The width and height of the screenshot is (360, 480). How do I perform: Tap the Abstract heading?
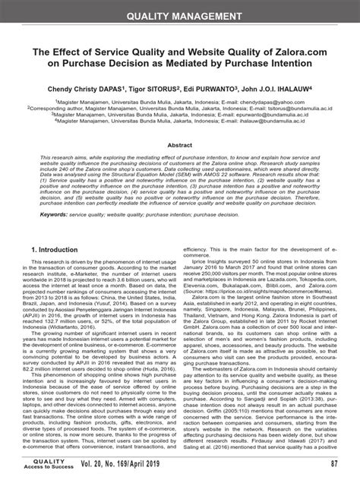point(180,144)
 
